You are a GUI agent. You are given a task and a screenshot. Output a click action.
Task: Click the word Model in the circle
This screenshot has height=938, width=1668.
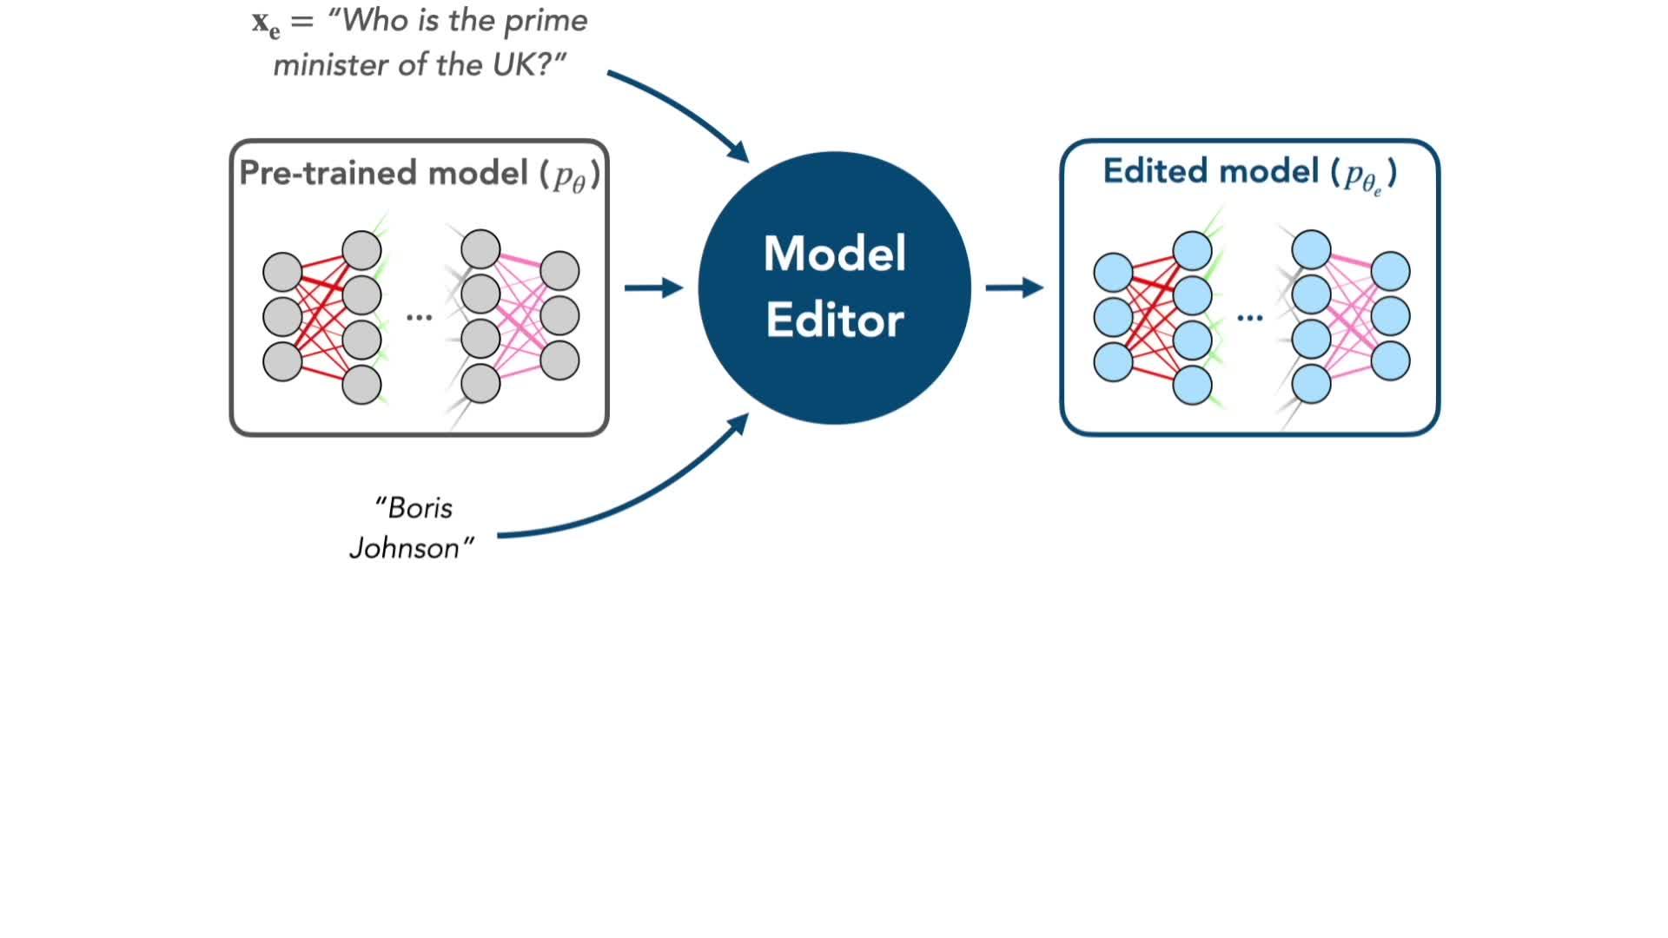pyautogui.click(x=834, y=254)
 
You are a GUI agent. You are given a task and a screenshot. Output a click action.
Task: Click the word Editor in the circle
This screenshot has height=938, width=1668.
pyautogui.click(x=834, y=320)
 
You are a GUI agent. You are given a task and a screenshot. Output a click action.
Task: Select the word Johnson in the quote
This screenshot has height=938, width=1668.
pyautogui.click(x=405, y=548)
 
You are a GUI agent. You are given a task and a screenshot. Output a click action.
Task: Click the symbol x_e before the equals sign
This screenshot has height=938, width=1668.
pyautogui.click(x=266, y=23)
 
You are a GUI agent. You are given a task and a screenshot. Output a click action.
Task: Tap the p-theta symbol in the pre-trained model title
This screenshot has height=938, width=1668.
pyautogui.click(x=571, y=177)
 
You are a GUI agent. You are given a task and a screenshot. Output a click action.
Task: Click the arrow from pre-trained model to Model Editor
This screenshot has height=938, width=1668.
pyautogui.click(x=653, y=287)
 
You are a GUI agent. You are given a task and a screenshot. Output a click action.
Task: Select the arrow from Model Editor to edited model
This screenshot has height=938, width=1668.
pyautogui.click(x=1014, y=287)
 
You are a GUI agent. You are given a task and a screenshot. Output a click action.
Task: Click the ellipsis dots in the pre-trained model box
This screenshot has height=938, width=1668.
pyautogui.click(x=419, y=318)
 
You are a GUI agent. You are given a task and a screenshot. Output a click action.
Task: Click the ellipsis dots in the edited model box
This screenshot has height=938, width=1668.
pyautogui.click(x=1249, y=318)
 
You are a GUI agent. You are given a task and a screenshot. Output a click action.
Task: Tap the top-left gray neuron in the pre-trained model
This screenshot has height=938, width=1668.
pyautogui.click(x=282, y=272)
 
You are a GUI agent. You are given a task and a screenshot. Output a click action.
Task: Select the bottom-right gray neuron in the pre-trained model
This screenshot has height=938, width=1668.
pyautogui.click(x=559, y=360)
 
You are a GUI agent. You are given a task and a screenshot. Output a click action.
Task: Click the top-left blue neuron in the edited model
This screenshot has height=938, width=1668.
pyautogui.click(x=1113, y=272)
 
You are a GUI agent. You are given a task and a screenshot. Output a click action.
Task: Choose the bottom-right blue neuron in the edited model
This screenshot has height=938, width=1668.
pyautogui.click(x=1390, y=360)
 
